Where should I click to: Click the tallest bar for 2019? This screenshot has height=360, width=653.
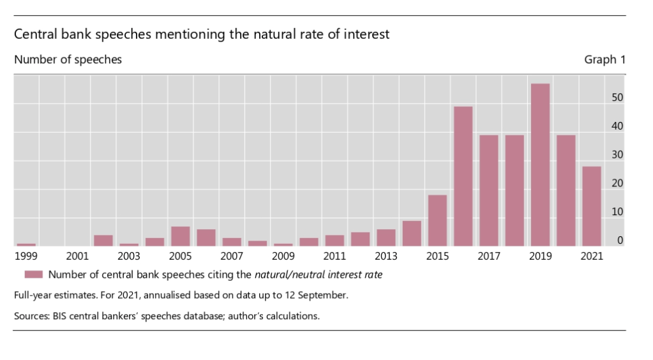point(540,165)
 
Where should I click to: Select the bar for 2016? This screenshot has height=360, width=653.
point(463,176)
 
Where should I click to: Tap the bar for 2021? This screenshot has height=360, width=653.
point(592,206)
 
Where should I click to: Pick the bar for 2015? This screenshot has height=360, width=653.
point(437,220)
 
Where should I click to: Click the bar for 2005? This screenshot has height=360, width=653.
point(180,236)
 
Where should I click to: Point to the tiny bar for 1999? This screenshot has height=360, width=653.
point(26,244)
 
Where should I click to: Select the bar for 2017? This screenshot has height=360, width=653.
point(488,190)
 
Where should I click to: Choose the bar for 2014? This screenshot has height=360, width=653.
point(412,233)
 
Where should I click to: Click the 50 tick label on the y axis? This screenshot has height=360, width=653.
point(617,98)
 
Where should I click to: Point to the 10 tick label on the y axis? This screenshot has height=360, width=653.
point(617,212)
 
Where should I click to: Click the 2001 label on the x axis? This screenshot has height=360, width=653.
point(77,257)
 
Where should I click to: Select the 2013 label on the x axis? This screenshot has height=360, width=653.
point(386,257)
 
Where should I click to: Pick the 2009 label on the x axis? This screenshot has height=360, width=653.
point(283,257)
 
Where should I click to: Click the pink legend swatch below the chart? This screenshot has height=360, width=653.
point(33,274)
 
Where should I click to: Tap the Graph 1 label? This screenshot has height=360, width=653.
point(604,59)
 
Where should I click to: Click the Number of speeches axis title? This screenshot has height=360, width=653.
point(68,59)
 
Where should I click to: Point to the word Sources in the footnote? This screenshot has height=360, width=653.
point(33,316)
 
